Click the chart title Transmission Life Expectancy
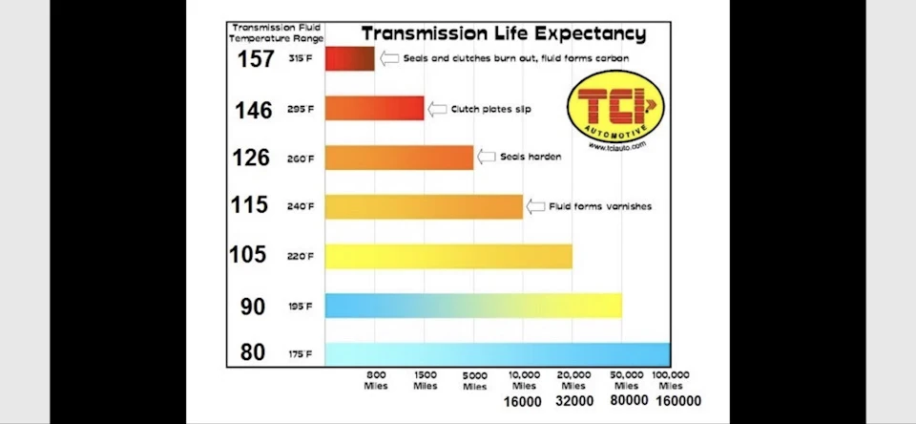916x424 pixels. pos(504,32)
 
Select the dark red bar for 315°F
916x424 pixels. pos(349,58)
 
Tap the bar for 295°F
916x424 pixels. pos(374,108)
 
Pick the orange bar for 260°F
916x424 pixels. pos(399,158)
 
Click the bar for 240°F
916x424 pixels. pos(424,206)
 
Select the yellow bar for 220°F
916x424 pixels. pos(448,256)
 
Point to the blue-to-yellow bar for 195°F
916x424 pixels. pos(473,306)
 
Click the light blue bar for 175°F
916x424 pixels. pos(498,354)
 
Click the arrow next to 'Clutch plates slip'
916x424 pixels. pos(437,109)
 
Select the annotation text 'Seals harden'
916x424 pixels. pos(531,157)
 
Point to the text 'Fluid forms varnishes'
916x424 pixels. pos(600,206)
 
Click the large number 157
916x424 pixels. pos(256,58)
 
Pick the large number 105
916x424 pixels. pos(248,254)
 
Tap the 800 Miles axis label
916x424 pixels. pos(376,380)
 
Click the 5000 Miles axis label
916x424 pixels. pos(474,381)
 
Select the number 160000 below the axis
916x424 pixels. pos(678,401)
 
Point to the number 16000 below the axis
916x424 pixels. pos(522,402)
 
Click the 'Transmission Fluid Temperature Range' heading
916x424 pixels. pos(277,33)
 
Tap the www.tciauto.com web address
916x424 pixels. pos(617,147)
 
